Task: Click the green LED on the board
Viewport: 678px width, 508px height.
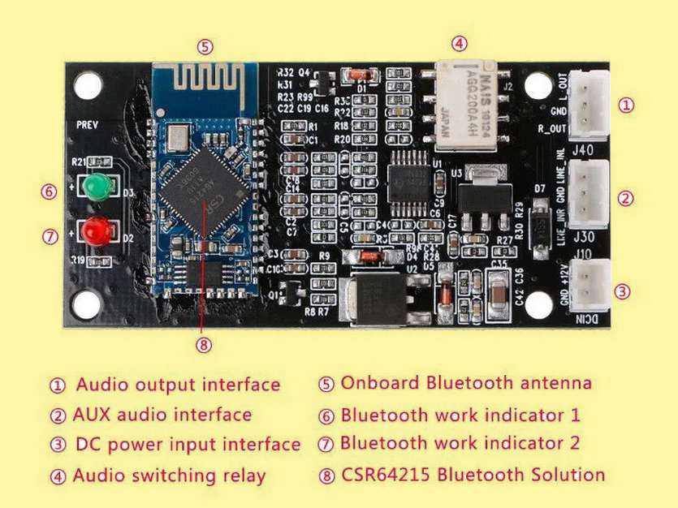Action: pyautogui.click(x=98, y=186)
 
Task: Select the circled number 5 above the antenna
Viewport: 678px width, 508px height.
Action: pyautogui.click(x=206, y=46)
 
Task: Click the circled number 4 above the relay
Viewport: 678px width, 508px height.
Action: pyautogui.click(x=460, y=43)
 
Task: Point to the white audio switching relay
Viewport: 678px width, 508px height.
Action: pyautogui.click(x=468, y=103)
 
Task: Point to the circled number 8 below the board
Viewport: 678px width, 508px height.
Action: pyautogui.click(x=204, y=345)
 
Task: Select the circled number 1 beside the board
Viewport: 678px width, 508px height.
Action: pyautogui.click(x=626, y=105)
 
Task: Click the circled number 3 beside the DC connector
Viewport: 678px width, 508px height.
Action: pyautogui.click(x=623, y=291)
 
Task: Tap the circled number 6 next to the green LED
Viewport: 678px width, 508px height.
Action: pyautogui.click(x=50, y=192)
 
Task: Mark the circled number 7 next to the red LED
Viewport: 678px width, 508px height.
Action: pyautogui.click(x=50, y=237)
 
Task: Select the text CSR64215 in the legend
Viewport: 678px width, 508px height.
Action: pyautogui.click(x=384, y=474)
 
